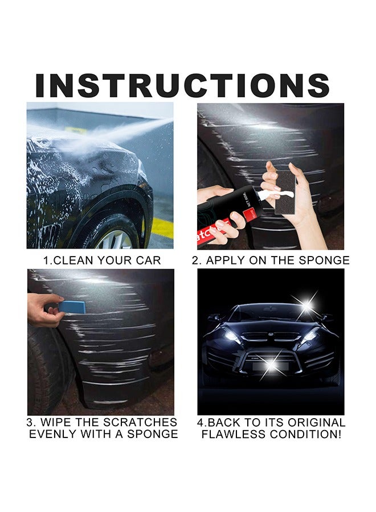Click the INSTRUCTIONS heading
[x=182, y=85]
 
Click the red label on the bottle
[x=247, y=213]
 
